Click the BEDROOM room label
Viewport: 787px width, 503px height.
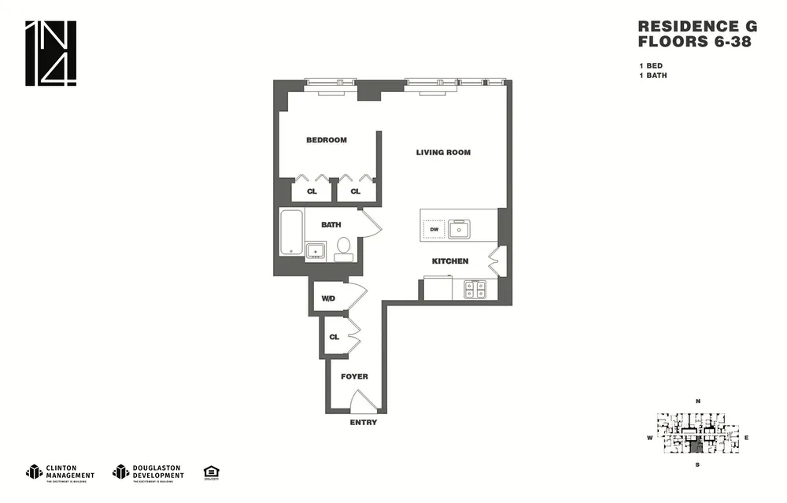click(x=326, y=140)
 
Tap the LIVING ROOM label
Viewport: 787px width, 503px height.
click(x=443, y=152)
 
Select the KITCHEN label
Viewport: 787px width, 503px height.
click(x=449, y=261)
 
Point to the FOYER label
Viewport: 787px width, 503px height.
click(x=354, y=376)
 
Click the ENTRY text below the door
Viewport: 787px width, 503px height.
click(x=363, y=423)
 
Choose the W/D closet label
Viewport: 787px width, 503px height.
click(x=328, y=298)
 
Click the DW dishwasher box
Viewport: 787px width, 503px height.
click(x=433, y=230)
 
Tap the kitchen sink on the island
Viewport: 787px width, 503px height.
click(x=459, y=230)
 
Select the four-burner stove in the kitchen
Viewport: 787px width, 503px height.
click(x=475, y=289)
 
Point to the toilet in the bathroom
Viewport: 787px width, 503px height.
click(x=343, y=248)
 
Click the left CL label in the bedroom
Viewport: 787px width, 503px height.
click(x=312, y=191)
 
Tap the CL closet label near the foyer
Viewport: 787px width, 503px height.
click(x=334, y=337)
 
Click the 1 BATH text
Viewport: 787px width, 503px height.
click(x=653, y=76)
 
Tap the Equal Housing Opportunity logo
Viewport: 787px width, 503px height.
click(x=211, y=472)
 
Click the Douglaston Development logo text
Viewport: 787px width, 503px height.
click(x=157, y=472)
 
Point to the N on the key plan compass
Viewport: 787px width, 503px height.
click(x=697, y=401)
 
